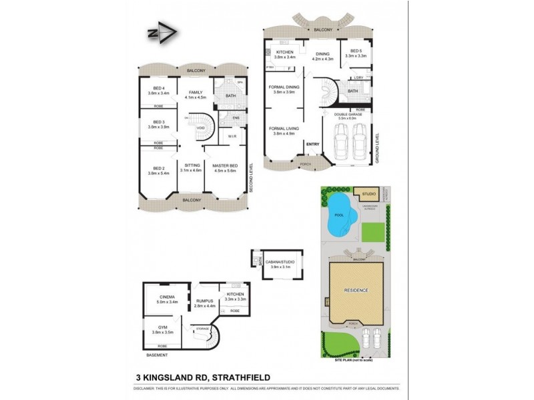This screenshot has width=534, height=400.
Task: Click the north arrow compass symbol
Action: point(162,33)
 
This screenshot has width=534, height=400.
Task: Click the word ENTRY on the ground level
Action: point(312,144)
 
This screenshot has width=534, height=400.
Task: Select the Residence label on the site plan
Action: point(355,291)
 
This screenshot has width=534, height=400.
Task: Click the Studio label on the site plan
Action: point(368,194)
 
